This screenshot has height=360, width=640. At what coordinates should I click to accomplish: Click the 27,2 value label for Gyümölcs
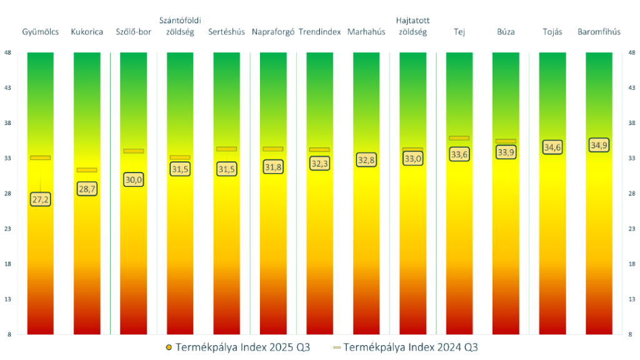point(41,199)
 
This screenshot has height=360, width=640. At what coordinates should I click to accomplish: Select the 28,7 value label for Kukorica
point(87,188)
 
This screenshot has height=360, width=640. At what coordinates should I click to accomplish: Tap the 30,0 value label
point(134,179)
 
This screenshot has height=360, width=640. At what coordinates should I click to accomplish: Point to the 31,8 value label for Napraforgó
point(273,167)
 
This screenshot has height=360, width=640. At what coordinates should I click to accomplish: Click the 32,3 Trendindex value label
point(319,163)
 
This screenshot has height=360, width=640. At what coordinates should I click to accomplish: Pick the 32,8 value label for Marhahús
point(366,160)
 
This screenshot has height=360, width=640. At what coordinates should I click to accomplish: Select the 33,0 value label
point(412,159)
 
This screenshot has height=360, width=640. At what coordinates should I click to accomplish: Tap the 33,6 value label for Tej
point(459,154)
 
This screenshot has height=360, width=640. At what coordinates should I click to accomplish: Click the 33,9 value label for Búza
point(506,152)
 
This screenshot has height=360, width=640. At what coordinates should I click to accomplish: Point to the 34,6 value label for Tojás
point(552,147)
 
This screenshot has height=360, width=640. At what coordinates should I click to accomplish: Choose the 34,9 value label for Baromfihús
point(599,146)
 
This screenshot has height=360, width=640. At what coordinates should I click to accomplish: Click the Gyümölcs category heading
point(40,32)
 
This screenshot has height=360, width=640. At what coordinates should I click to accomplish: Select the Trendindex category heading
point(319,32)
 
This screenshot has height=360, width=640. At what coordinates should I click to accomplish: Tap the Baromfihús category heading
point(599,32)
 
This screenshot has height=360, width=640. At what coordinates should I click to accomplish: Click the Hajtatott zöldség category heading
point(412,26)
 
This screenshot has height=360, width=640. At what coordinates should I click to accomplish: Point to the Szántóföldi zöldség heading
point(180,26)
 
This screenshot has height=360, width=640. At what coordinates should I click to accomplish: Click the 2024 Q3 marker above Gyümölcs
point(41,157)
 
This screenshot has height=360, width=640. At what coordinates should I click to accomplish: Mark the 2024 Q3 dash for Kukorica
point(87,170)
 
